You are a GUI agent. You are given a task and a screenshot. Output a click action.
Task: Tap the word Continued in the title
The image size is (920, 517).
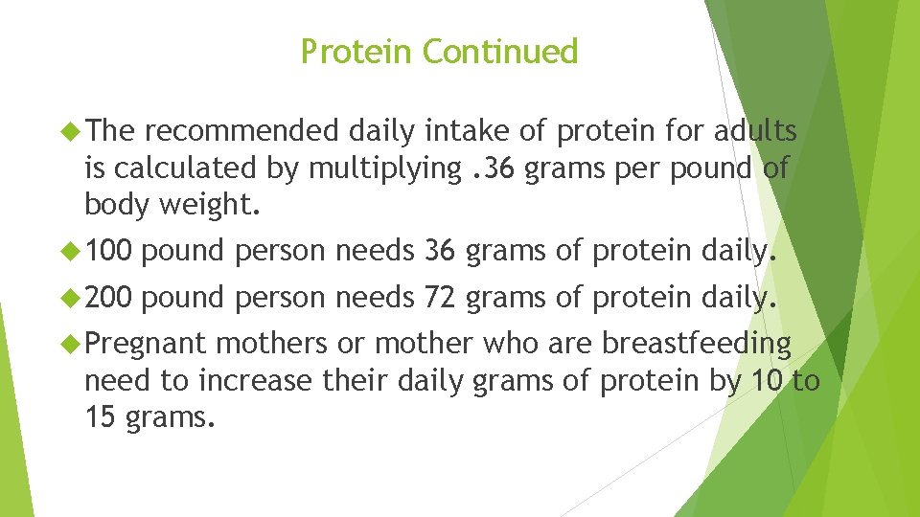[500, 52]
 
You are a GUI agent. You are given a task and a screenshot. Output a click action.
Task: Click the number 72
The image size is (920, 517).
[440, 299]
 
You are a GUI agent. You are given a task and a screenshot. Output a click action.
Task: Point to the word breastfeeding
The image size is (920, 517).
[697, 344]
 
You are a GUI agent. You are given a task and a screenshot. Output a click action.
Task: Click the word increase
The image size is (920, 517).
[255, 381]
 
